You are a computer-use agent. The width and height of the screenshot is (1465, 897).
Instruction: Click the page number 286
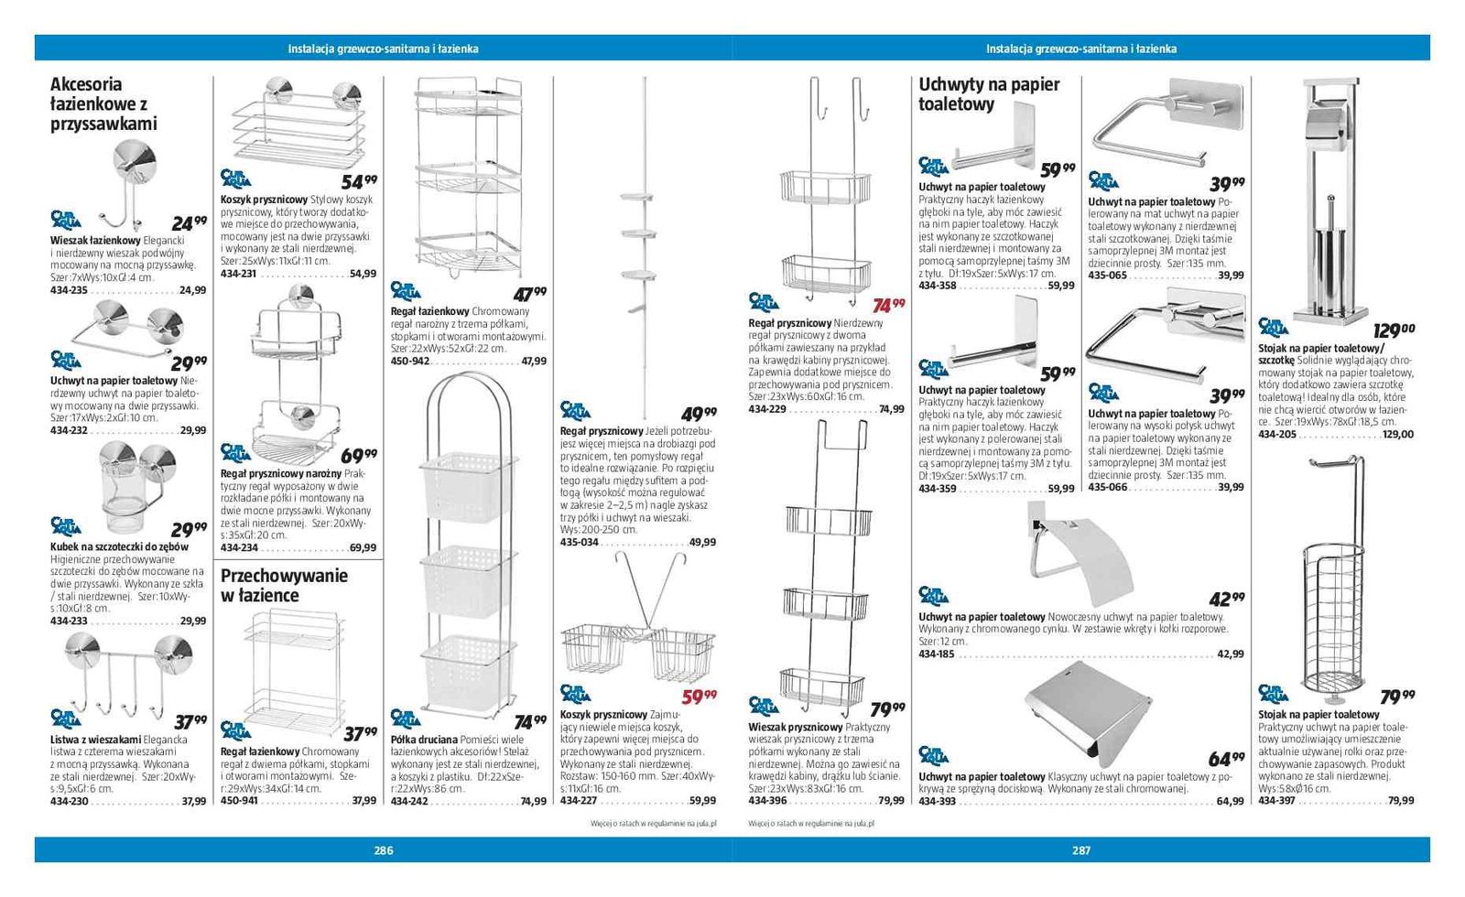(x=384, y=850)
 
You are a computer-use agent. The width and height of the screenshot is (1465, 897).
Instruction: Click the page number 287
(x=1081, y=850)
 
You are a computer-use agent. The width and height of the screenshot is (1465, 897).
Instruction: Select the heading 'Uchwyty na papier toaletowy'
(x=989, y=94)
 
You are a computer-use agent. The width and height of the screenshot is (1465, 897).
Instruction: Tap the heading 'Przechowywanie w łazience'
(x=284, y=585)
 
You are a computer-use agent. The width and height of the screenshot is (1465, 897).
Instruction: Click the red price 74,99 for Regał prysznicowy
(x=888, y=305)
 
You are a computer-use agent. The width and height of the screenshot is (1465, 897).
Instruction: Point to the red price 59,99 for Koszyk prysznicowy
(x=700, y=697)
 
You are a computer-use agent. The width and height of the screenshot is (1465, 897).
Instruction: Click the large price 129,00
(x=1394, y=330)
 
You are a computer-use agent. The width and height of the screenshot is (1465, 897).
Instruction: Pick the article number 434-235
(x=69, y=290)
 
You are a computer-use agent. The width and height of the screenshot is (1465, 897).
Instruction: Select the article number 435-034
(x=579, y=542)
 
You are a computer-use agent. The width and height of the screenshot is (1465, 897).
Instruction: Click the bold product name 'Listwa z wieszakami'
(x=95, y=740)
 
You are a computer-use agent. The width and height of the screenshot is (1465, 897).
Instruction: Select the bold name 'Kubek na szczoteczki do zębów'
(x=119, y=546)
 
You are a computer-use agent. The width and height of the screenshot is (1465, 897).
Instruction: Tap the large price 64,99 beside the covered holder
(x=1226, y=759)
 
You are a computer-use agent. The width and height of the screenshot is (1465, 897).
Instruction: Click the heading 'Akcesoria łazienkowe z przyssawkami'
(x=103, y=103)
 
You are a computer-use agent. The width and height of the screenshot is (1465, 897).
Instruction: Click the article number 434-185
(x=937, y=654)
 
